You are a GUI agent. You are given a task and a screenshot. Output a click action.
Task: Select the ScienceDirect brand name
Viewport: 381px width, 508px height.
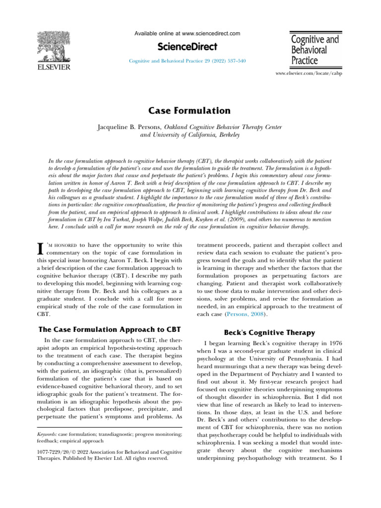pyautogui.click(x=188, y=47)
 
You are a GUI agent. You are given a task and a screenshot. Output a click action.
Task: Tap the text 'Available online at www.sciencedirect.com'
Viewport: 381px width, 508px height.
pyautogui.click(x=188, y=34)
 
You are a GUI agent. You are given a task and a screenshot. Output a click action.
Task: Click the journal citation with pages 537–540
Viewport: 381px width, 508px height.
pyautogui.click(x=188, y=61)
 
